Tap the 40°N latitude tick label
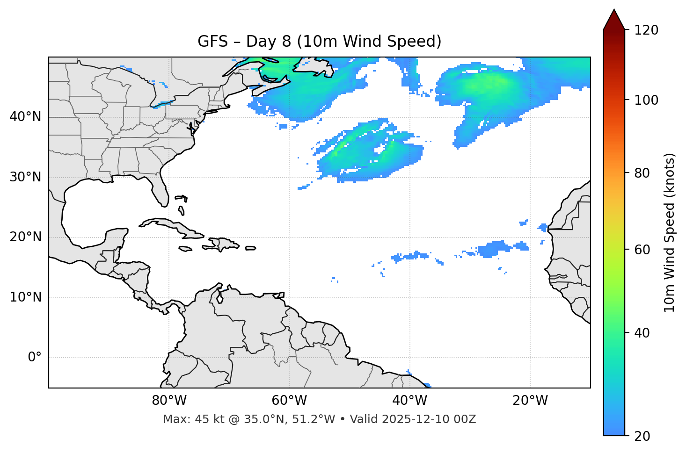tap(25, 117)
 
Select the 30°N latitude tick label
tap(25, 177)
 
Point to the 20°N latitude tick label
tap(25, 237)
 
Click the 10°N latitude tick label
tap(25, 297)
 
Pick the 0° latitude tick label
tap(35, 358)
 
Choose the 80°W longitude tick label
tap(169, 401)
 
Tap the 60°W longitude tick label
tap(289, 401)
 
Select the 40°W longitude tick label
tap(409, 401)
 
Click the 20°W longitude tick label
tap(530, 401)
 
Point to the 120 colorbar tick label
tap(646, 30)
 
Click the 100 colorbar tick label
tap(646, 100)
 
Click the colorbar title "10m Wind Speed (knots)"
tap(670, 233)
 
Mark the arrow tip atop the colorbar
tap(614, 10)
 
